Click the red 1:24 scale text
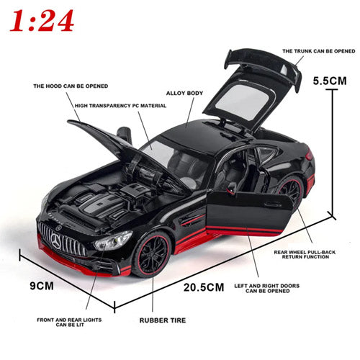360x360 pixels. coord(42,21)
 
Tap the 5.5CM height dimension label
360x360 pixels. coord(330,81)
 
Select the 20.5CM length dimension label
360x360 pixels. coord(204,287)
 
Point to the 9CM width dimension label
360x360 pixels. coord(42,286)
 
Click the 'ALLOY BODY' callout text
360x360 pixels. coord(184,93)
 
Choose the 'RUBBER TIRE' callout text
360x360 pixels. coord(163,320)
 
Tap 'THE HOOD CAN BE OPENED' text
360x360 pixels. coord(71,86)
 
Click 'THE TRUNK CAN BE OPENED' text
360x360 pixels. coord(319,51)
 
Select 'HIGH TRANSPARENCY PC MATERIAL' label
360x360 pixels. coord(120,106)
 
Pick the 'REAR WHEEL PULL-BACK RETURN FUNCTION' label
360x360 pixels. coord(305,254)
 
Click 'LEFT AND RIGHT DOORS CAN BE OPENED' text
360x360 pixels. coord(267,288)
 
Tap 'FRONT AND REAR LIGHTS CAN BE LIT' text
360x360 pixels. coord(69,322)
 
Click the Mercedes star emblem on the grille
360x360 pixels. coord(57,240)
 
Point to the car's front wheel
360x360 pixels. coord(152,254)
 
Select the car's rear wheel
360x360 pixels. coord(289,190)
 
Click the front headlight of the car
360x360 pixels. coord(113,240)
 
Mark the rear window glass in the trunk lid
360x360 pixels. coord(243,102)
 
